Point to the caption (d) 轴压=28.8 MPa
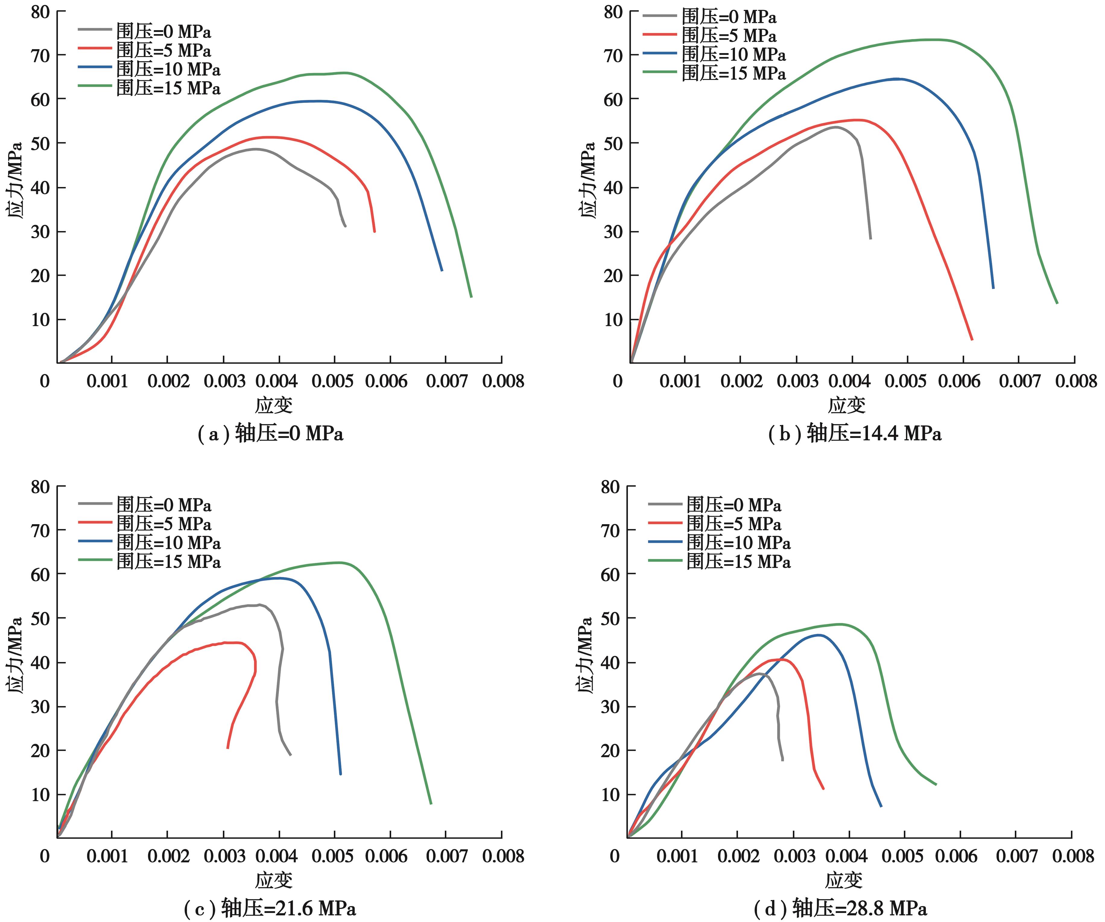coord(840,908)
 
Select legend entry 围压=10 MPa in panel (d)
coord(738,543)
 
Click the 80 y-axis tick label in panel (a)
coord(40,11)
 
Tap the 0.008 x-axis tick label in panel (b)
coord(1076,381)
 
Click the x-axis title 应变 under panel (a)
coord(274,405)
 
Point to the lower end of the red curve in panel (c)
coord(228,747)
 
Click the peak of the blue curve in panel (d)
coord(819,635)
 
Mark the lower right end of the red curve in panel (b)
coord(971,339)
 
